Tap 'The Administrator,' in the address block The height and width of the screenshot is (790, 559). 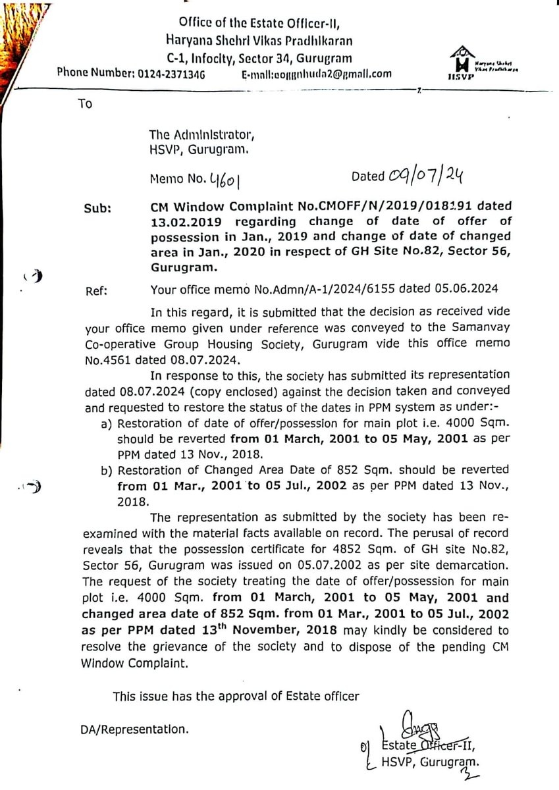coord(200,136)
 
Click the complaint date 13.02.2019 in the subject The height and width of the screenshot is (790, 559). coord(178,220)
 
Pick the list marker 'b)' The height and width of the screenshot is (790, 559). coord(105,469)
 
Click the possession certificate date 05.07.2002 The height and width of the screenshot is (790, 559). coord(304,564)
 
